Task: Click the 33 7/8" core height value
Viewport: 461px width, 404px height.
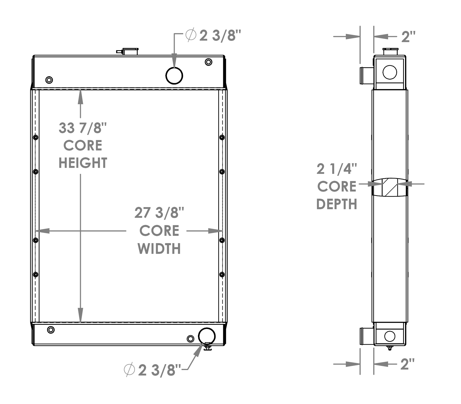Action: (83, 128)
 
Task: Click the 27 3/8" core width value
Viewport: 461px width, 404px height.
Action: (159, 213)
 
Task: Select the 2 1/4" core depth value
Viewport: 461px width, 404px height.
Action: (337, 169)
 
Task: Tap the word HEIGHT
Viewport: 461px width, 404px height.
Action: (83, 163)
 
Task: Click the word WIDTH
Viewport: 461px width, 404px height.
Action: (159, 249)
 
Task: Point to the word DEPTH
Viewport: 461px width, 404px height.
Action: (337, 204)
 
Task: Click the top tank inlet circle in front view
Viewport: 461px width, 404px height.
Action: (174, 75)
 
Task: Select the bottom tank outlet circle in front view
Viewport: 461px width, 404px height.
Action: (207, 336)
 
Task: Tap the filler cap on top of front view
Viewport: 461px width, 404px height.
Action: (130, 52)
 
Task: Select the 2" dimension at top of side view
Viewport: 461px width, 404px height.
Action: (408, 36)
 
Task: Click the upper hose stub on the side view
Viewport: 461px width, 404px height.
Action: (366, 75)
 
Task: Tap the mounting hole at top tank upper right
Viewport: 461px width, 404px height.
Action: (208, 62)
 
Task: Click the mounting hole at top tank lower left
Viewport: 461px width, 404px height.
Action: (49, 80)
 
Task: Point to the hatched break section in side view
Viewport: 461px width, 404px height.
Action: (389, 188)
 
